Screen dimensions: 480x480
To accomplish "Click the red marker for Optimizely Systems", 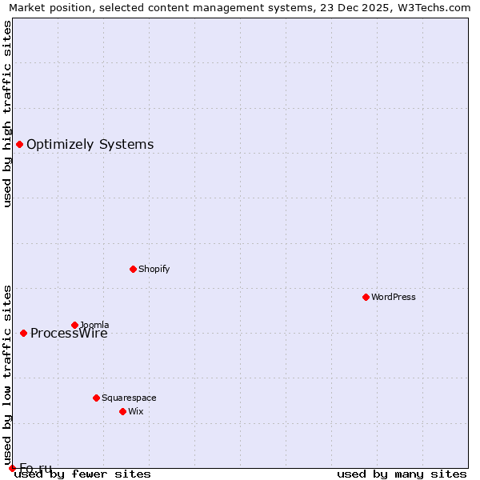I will click(x=19, y=144).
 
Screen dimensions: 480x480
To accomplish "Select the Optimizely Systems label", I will click(x=90, y=145).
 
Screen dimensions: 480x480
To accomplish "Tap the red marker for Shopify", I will click(x=133, y=269).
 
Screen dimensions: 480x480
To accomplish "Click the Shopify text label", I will click(x=154, y=270).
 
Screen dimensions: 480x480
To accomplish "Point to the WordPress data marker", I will click(x=366, y=297).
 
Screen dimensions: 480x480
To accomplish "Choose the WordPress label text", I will click(x=393, y=298).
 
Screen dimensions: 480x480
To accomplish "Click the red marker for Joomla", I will click(x=74, y=325).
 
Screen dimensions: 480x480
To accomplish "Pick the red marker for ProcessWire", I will click(x=23, y=333).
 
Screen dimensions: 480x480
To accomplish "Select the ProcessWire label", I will click(x=69, y=334).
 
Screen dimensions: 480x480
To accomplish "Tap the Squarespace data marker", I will click(x=96, y=398).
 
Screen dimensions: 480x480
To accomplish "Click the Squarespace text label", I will click(x=129, y=398).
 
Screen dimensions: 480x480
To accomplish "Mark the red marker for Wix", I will click(x=122, y=411).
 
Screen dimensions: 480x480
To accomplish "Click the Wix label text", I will click(x=136, y=412).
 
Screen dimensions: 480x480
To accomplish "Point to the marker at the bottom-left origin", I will click(x=12, y=468).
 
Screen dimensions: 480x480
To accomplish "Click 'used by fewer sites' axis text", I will click(x=82, y=474).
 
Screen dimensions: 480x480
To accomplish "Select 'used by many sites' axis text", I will click(x=402, y=474).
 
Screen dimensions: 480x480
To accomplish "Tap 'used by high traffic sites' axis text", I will click(x=8, y=114).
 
